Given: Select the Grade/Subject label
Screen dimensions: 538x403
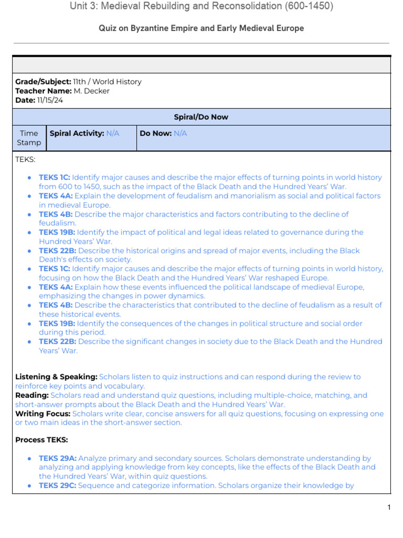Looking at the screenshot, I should click(x=43, y=81).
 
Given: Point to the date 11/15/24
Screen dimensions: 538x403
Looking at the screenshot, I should click(x=50, y=100).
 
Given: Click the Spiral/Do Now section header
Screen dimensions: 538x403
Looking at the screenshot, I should click(x=201, y=117).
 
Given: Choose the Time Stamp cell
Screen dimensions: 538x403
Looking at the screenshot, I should click(x=29, y=138).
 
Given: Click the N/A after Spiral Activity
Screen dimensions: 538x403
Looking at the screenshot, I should click(x=113, y=133).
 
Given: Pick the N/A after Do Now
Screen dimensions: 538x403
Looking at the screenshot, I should click(x=180, y=133).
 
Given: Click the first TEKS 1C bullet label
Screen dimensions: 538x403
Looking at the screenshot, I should click(x=54, y=178).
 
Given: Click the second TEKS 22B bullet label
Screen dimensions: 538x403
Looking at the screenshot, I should click(x=58, y=342).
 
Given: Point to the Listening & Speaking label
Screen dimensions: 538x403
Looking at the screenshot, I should click(x=56, y=377).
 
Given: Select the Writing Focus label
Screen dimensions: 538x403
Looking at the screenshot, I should click(x=43, y=413).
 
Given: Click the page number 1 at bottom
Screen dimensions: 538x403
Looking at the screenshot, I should click(x=389, y=507).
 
